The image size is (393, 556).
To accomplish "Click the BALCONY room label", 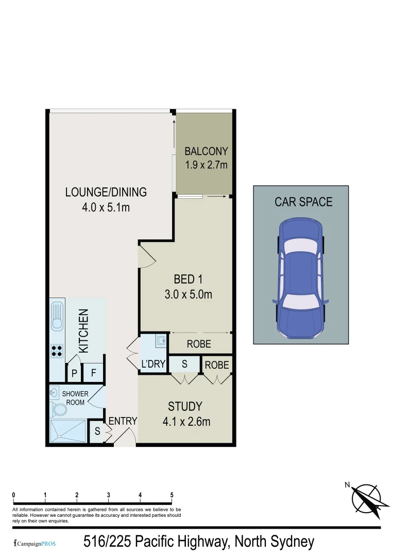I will [x=206, y=151].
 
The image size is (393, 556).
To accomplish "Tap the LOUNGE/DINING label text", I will [x=106, y=192].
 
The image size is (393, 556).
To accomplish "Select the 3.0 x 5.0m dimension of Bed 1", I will [x=186, y=294].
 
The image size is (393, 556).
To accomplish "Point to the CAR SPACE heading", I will [x=303, y=201].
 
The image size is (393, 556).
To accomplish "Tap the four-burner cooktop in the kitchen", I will [x=57, y=351].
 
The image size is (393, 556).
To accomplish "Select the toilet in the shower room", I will [x=59, y=410].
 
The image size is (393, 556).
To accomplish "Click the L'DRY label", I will [x=153, y=364].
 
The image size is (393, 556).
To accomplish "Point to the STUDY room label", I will [x=185, y=406].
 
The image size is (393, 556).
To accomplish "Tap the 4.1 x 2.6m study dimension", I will [x=186, y=422].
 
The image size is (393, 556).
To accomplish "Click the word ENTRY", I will [x=123, y=421].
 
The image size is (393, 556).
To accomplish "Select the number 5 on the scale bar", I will [x=172, y=495].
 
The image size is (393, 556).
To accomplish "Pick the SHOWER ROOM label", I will [x=75, y=398].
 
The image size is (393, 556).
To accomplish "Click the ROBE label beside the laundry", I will [x=199, y=344].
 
